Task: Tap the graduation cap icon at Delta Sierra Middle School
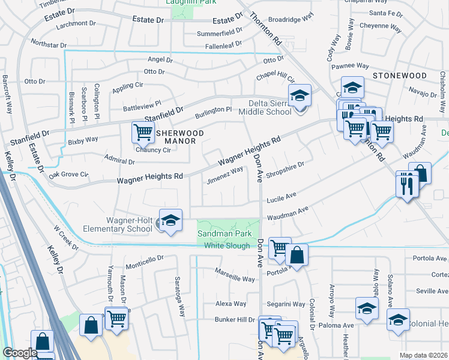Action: click(300, 95)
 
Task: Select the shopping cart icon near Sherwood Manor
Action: click(143, 131)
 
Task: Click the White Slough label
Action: click(227, 245)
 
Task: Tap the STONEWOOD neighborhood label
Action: click(399, 76)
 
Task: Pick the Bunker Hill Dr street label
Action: click(235, 319)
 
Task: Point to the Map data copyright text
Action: click(423, 355)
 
